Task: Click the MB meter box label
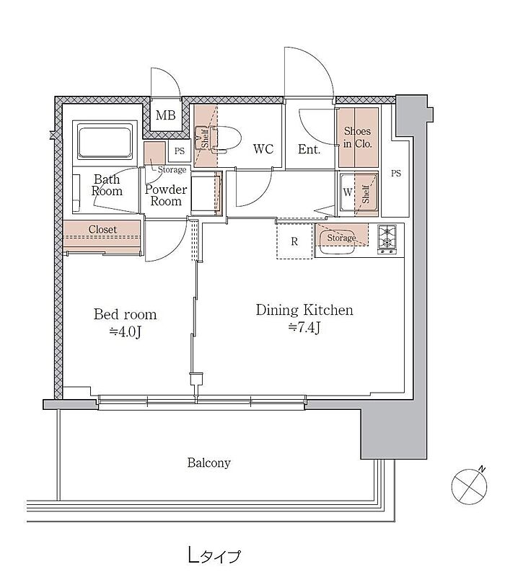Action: pyautogui.click(x=165, y=115)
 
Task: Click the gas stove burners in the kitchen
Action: pyautogui.click(x=387, y=239)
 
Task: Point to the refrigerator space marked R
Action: pyautogui.click(x=294, y=241)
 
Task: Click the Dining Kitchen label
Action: pyautogui.click(x=304, y=310)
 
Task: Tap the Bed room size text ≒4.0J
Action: pyautogui.click(x=126, y=332)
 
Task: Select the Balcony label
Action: pyautogui.click(x=209, y=462)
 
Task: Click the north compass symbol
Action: pyautogui.click(x=469, y=486)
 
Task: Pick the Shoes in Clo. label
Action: pyautogui.click(x=357, y=138)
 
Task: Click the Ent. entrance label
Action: pyautogui.click(x=309, y=149)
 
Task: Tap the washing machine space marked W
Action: pyautogui.click(x=348, y=192)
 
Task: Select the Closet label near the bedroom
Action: pyautogui.click(x=102, y=229)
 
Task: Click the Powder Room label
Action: pyautogui.click(x=166, y=195)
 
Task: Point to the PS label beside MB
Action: pyautogui.click(x=180, y=151)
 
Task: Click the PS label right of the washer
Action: pyautogui.click(x=396, y=173)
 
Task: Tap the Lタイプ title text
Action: pyautogui.click(x=214, y=555)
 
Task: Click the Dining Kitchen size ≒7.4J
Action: pyautogui.click(x=304, y=327)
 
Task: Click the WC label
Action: pyautogui.click(x=263, y=149)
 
